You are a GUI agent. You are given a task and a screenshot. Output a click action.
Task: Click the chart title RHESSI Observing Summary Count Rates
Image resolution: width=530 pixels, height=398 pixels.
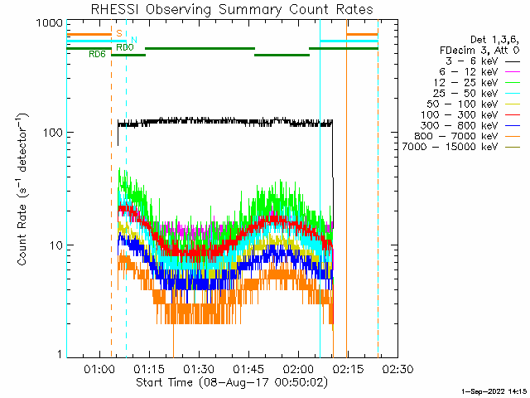pyautogui.click(x=232, y=9)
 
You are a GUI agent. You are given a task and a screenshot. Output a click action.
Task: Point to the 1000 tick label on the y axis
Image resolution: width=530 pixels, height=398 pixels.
pyautogui.click(x=50, y=23)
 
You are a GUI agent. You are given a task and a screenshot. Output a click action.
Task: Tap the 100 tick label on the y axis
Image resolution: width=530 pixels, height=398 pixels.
pyautogui.click(x=53, y=133)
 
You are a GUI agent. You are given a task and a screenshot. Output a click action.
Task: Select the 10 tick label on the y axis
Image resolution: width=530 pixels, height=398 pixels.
pyautogui.click(x=56, y=245)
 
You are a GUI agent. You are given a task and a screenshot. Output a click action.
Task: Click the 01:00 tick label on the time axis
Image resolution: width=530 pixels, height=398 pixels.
pyautogui.click(x=99, y=368)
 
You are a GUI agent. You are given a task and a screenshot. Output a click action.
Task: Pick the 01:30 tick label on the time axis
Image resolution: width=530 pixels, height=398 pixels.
pyautogui.click(x=199, y=368)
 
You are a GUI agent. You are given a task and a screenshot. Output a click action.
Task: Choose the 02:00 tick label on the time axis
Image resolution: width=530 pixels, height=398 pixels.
pyautogui.click(x=298, y=368)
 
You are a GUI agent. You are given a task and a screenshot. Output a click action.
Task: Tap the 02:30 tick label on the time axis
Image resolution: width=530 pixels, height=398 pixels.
pyautogui.click(x=397, y=368)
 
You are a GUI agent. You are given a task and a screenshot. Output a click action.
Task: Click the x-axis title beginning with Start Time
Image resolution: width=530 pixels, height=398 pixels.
pyautogui.click(x=232, y=382)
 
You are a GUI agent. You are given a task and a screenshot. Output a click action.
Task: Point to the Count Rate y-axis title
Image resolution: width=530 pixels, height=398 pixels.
pyautogui.click(x=22, y=190)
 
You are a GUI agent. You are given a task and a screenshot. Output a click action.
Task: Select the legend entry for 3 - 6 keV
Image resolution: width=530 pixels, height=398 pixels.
pyautogui.click(x=482, y=61)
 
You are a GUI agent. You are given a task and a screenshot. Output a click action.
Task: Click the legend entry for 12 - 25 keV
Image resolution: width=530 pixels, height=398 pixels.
pyautogui.click(x=477, y=83)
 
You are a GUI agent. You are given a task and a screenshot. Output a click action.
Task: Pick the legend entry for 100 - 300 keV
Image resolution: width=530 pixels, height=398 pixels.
pyautogui.click(x=470, y=114)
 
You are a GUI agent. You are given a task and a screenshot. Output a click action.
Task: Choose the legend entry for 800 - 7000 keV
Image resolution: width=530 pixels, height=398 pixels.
pyautogui.click(x=467, y=136)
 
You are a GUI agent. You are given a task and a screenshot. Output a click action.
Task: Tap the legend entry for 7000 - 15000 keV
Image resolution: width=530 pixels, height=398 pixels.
pyautogui.click(x=461, y=147)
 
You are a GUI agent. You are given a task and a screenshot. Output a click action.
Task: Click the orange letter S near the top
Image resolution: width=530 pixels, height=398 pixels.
pyautogui.click(x=119, y=33)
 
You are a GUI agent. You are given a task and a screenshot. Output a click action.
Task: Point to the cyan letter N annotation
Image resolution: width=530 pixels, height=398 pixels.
pyautogui.click(x=134, y=40)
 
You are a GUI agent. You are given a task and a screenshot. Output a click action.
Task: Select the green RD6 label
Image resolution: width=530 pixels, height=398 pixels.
pyautogui.click(x=97, y=54)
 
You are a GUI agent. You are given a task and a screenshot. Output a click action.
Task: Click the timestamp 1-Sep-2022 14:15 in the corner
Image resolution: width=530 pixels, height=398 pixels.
pyautogui.click(x=494, y=391)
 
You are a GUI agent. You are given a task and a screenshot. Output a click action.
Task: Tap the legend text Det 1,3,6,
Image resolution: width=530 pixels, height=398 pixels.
pyautogui.click(x=495, y=40)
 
